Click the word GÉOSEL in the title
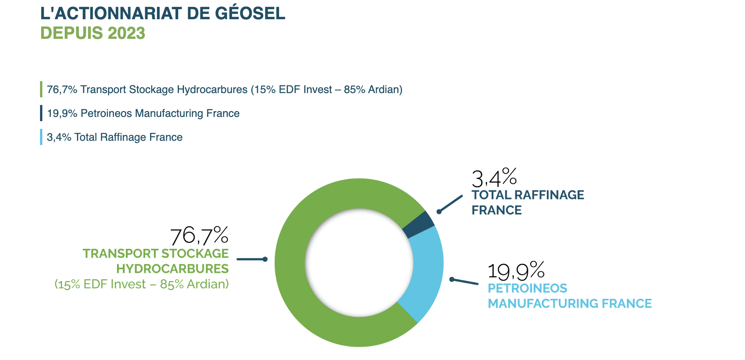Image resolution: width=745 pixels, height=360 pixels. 250,13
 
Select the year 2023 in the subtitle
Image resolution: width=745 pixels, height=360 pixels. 127,33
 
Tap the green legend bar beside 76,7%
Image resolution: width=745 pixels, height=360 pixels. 41,89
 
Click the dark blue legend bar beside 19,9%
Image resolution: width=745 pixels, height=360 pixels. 41,113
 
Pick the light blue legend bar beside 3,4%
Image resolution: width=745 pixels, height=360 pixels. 41,137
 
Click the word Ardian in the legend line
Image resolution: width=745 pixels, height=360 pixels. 383,90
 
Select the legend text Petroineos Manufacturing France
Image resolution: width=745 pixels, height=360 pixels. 160,113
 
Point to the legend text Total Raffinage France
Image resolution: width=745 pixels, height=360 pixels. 128,137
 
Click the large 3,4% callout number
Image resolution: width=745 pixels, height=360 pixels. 494,178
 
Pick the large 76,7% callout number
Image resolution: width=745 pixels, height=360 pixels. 199,236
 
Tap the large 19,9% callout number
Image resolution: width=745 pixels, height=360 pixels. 516,271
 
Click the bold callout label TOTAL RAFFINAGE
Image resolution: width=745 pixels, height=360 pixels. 528,195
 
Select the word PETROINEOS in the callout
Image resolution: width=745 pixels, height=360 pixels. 527,288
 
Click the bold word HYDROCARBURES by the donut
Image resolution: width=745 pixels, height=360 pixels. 172,269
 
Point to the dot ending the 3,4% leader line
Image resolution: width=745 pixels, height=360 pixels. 439,212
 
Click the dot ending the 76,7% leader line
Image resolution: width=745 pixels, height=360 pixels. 265,259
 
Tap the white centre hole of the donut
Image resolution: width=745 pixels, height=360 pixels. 359,263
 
